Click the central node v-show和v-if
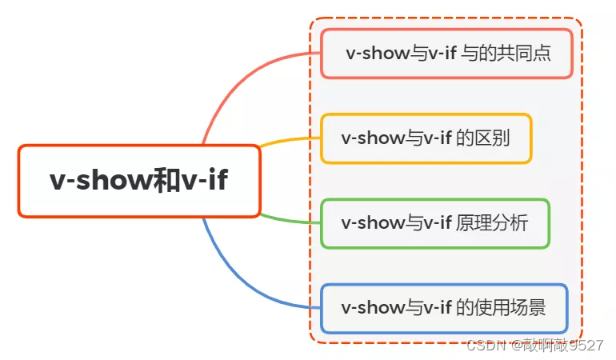coord(139,181)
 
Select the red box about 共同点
coord(447,54)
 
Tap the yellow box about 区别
coord(426,138)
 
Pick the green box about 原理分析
coord(434,223)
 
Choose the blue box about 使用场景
coord(444,308)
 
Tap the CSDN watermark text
coord(483,346)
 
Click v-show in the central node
coord(101,181)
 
